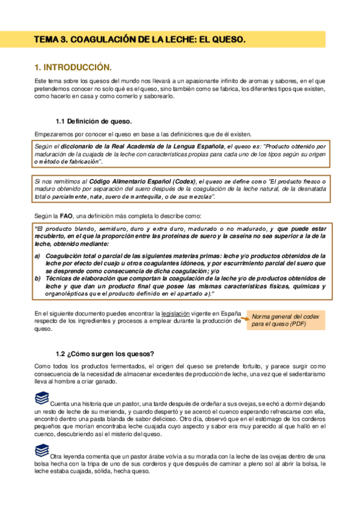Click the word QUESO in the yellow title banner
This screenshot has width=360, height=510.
[x=229, y=40]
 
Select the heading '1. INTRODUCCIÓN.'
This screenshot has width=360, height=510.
[x=73, y=67]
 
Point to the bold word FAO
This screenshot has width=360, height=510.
[x=66, y=216]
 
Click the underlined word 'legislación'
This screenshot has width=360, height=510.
[x=174, y=313]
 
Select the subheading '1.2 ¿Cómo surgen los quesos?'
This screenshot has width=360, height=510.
[x=105, y=353]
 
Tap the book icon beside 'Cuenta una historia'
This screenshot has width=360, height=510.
[x=41, y=398]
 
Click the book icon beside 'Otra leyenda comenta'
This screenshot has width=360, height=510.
[x=41, y=450]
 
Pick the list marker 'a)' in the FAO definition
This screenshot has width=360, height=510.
[x=38, y=255]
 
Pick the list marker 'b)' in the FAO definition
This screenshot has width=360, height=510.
[x=38, y=279]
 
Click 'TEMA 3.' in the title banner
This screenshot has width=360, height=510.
[x=51, y=40]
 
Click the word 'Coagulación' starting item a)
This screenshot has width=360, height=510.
[x=64, y=255]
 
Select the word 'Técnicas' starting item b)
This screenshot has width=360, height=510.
[x=59, y=279]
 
